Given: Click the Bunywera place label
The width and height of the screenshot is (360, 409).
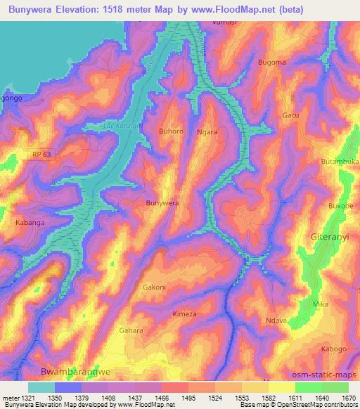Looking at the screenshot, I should [x=161, y=203].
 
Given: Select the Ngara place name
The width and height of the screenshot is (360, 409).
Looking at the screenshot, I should [x=207, y=131].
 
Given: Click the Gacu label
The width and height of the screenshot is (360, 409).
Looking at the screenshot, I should [x=290, y=115].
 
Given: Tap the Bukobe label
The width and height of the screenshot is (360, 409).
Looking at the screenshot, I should [x=340, y=206].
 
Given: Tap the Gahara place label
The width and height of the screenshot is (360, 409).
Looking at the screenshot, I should [x=131, y=330].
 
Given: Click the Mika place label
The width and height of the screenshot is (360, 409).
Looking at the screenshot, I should [x=321, y=304].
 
